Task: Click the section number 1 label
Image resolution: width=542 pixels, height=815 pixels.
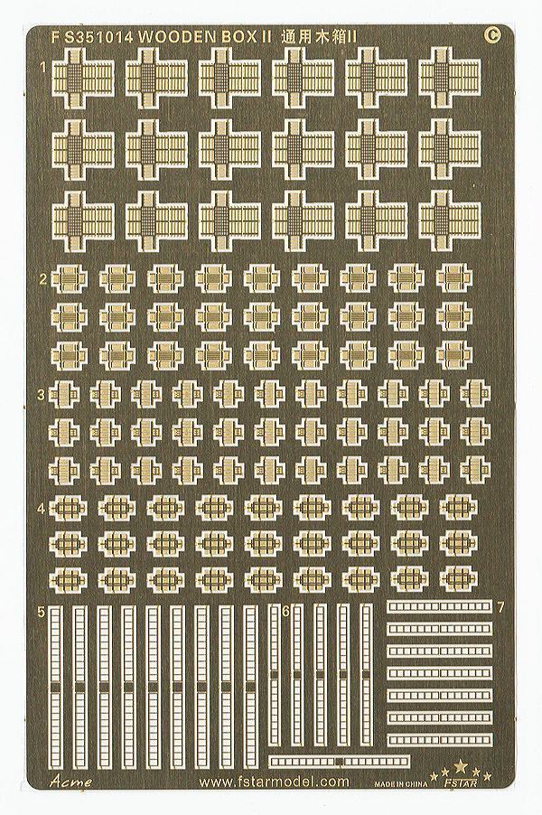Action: click(44, 67)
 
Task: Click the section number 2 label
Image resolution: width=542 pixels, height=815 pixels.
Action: click(43, 279)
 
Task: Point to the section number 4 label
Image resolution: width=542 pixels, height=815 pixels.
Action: click(43, 505)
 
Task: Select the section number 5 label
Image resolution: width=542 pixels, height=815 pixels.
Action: click(42, 613)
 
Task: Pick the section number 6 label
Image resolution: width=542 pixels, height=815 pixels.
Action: click(285, 613)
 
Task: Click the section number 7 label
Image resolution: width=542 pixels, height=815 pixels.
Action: click(500, 607)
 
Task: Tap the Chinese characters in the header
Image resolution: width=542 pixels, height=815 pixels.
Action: click(316, 37)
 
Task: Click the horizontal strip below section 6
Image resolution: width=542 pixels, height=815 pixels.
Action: click(340, 761)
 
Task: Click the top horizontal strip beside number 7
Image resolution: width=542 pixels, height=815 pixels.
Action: click(440, 606)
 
